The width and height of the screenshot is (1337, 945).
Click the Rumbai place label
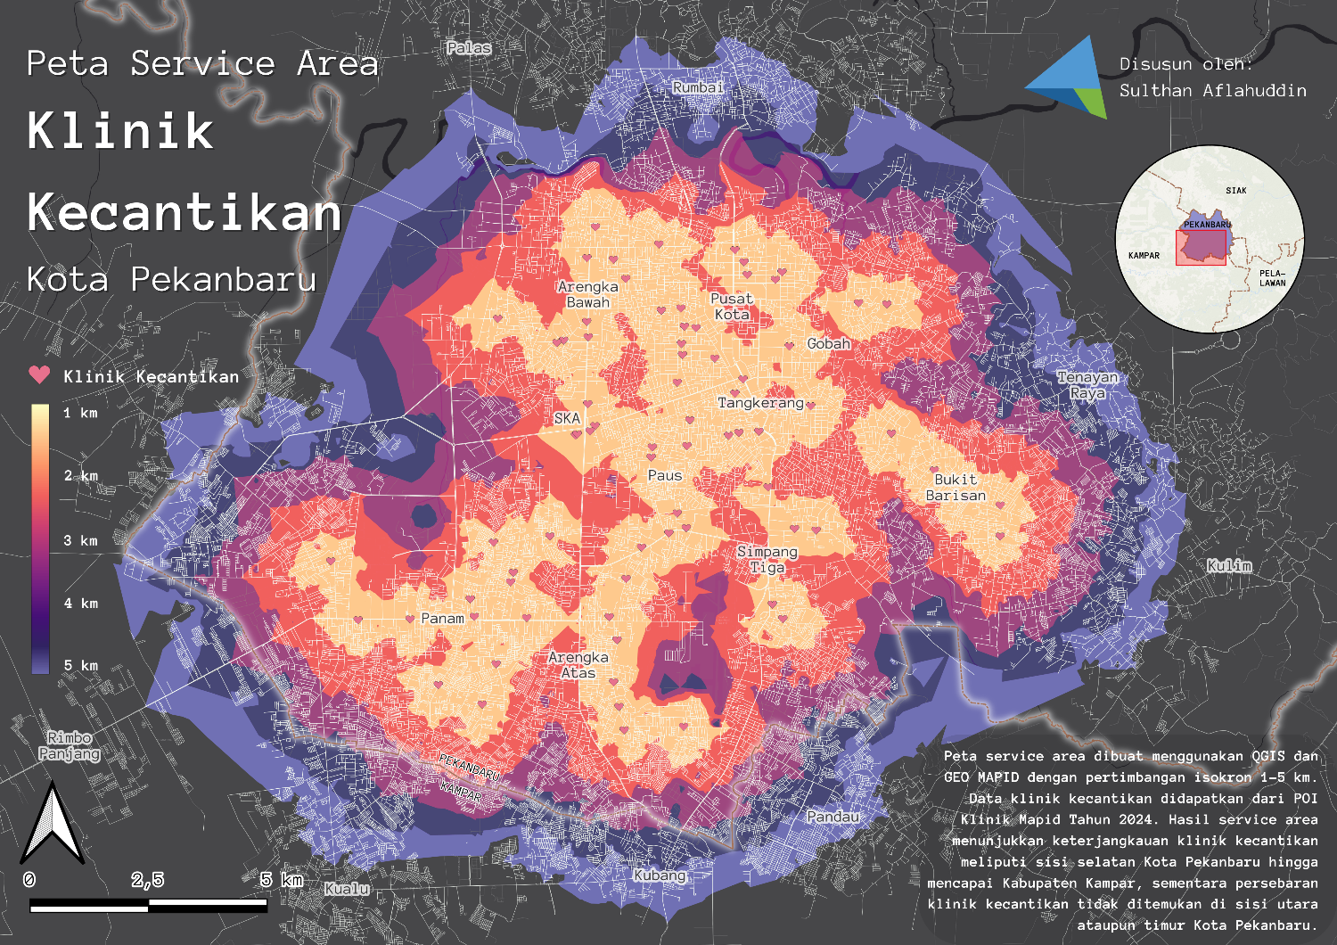click(x=698, y=87)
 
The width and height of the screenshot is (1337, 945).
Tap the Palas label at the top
click(x=469, y=47)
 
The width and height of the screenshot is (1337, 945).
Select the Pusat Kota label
click(x=732, y=307)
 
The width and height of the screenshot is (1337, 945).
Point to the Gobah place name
click(x=828, y=343)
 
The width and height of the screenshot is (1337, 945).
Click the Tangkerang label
click(x=760, y=403)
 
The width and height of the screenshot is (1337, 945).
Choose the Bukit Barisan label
click(x=956, y=488)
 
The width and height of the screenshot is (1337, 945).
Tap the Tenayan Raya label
click(x=1087, y=385)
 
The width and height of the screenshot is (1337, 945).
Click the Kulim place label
click(x=1229, y=565)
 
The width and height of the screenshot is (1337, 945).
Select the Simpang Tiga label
click(x=767, y=559)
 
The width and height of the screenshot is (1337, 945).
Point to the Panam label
click(x=442, y=618)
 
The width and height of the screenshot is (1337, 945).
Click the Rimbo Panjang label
click(x=70, y=745)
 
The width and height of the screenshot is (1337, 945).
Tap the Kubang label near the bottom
click(x=660, y=875)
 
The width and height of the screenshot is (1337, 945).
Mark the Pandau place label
click(x=833, y=817)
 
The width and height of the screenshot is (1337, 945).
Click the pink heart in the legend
click(x=39, y=374)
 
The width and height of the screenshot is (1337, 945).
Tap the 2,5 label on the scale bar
click(x=148, y=880)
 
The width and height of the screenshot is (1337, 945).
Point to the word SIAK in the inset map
click(x=1235, y=191)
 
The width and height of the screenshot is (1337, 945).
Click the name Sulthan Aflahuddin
click(x=1212, y=90)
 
